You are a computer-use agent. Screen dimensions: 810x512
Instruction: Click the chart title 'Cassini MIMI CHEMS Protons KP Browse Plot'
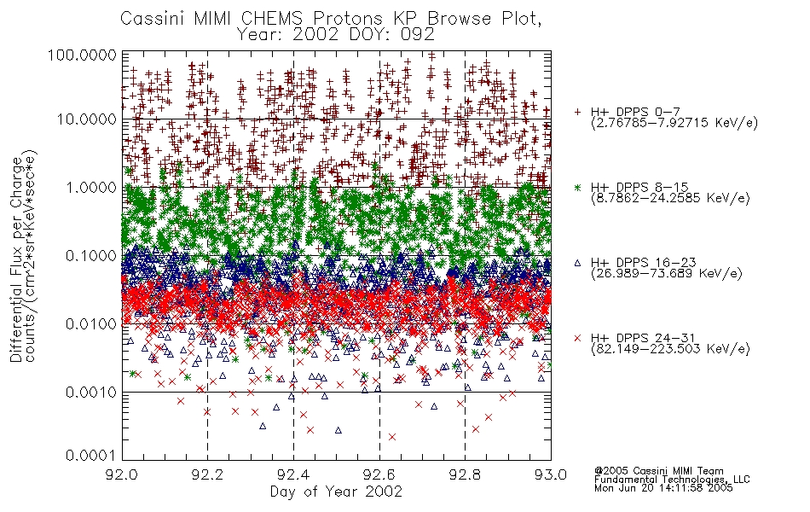tap(331, 19)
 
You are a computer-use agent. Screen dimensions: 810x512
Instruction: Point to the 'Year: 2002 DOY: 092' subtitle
tap(336, 35)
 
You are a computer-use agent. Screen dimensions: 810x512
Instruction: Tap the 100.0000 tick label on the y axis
tap(82, 55)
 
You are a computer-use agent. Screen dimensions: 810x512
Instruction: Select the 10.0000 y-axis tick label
tap(86, 119)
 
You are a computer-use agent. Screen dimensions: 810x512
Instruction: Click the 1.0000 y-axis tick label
tap(91, 187)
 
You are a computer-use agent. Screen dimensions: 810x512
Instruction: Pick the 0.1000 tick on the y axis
tap(91, 255)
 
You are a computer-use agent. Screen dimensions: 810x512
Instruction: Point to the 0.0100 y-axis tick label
tap(91, 324)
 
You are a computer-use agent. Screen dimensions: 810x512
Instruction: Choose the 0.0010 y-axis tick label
tap(91, 393)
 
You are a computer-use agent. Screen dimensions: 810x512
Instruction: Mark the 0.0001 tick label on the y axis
tap(91, 455)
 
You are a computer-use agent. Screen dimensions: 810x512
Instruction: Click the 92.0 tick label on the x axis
tap(122, 474)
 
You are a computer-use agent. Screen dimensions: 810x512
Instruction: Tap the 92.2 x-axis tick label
tap(208, 474)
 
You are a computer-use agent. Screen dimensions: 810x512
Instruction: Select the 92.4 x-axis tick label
tap(293, 474)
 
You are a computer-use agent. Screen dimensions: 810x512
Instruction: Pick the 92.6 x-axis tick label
tap(379, 474)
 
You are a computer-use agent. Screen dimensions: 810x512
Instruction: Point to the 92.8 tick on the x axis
tap(465, 474)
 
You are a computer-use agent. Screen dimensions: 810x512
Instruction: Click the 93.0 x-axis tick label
tap(551, 474)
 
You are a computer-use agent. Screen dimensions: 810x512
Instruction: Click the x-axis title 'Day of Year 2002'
tap(336, 492)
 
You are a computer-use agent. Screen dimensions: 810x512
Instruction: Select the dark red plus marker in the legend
tap(577, 112)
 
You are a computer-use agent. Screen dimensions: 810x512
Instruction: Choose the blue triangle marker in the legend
tap(577, 263)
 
